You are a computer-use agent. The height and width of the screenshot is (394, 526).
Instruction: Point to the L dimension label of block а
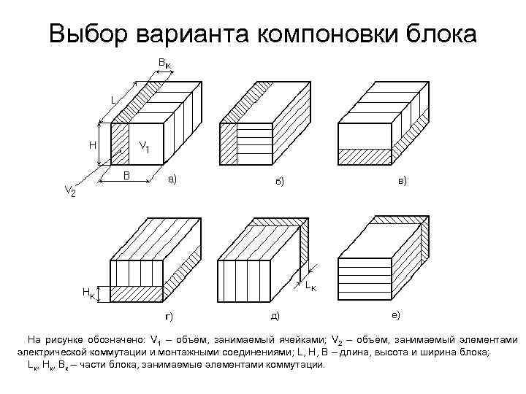coord(113,98)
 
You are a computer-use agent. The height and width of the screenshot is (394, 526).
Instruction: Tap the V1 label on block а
coord(144,147)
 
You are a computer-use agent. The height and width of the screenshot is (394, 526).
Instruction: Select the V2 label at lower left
coord(70,191)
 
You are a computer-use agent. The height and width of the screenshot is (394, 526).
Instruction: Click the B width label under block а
coord(126,175)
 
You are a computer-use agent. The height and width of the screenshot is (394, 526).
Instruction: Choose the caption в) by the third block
coord(403,179)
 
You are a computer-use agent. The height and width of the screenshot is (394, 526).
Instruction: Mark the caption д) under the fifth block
coord(275,314)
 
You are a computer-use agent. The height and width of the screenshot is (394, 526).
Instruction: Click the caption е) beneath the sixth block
coord(394,314)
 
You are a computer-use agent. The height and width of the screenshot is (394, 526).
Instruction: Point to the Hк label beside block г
coord(87,293)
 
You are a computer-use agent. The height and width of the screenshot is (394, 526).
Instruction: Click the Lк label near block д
coord(311,285)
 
